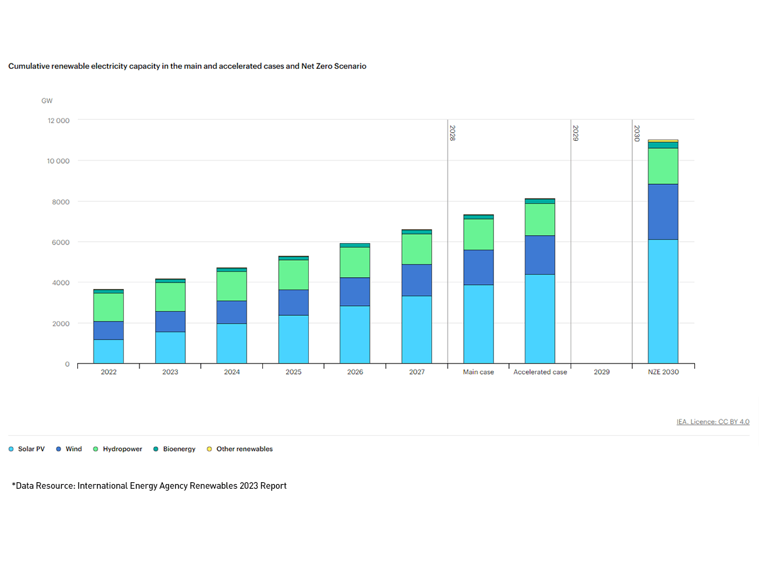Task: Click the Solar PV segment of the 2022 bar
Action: pyautogui.click(x=108, y=351)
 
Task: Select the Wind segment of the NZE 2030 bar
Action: pyautogui.click(x=663, y=212)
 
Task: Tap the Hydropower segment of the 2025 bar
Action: pyautogui.click(x=293, y=275)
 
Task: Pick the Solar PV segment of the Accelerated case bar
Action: pyautogui.click(x=540, y=318)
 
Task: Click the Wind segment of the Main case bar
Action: pyautogui.click(x=478, y=267)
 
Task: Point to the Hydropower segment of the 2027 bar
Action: pyautogui.click(x=417, y=249)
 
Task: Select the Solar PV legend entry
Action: pyautogui.click(x=27, y=449)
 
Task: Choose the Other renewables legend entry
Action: pyautogui.click(x=239, y=449)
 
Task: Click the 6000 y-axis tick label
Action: pyautogui.click(x=61, y=242)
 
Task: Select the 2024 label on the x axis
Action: pyautogui.click(x=232, y=372)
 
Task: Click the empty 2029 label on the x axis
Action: pyautogui.click(x=601, y=372)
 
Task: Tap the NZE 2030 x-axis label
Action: pyautogui.click(x=663, y=372)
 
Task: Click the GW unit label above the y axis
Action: pyautogui.click(x=46, y=101)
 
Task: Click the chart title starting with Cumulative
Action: pyautogui.click(x=187, y=66)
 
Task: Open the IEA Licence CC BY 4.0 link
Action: pyautogui.click(x=713, y=422)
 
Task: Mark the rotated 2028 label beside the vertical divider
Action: pyautogui.click(x=452, y=134)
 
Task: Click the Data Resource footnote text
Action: pyautogui.click(x=149, y=486)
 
